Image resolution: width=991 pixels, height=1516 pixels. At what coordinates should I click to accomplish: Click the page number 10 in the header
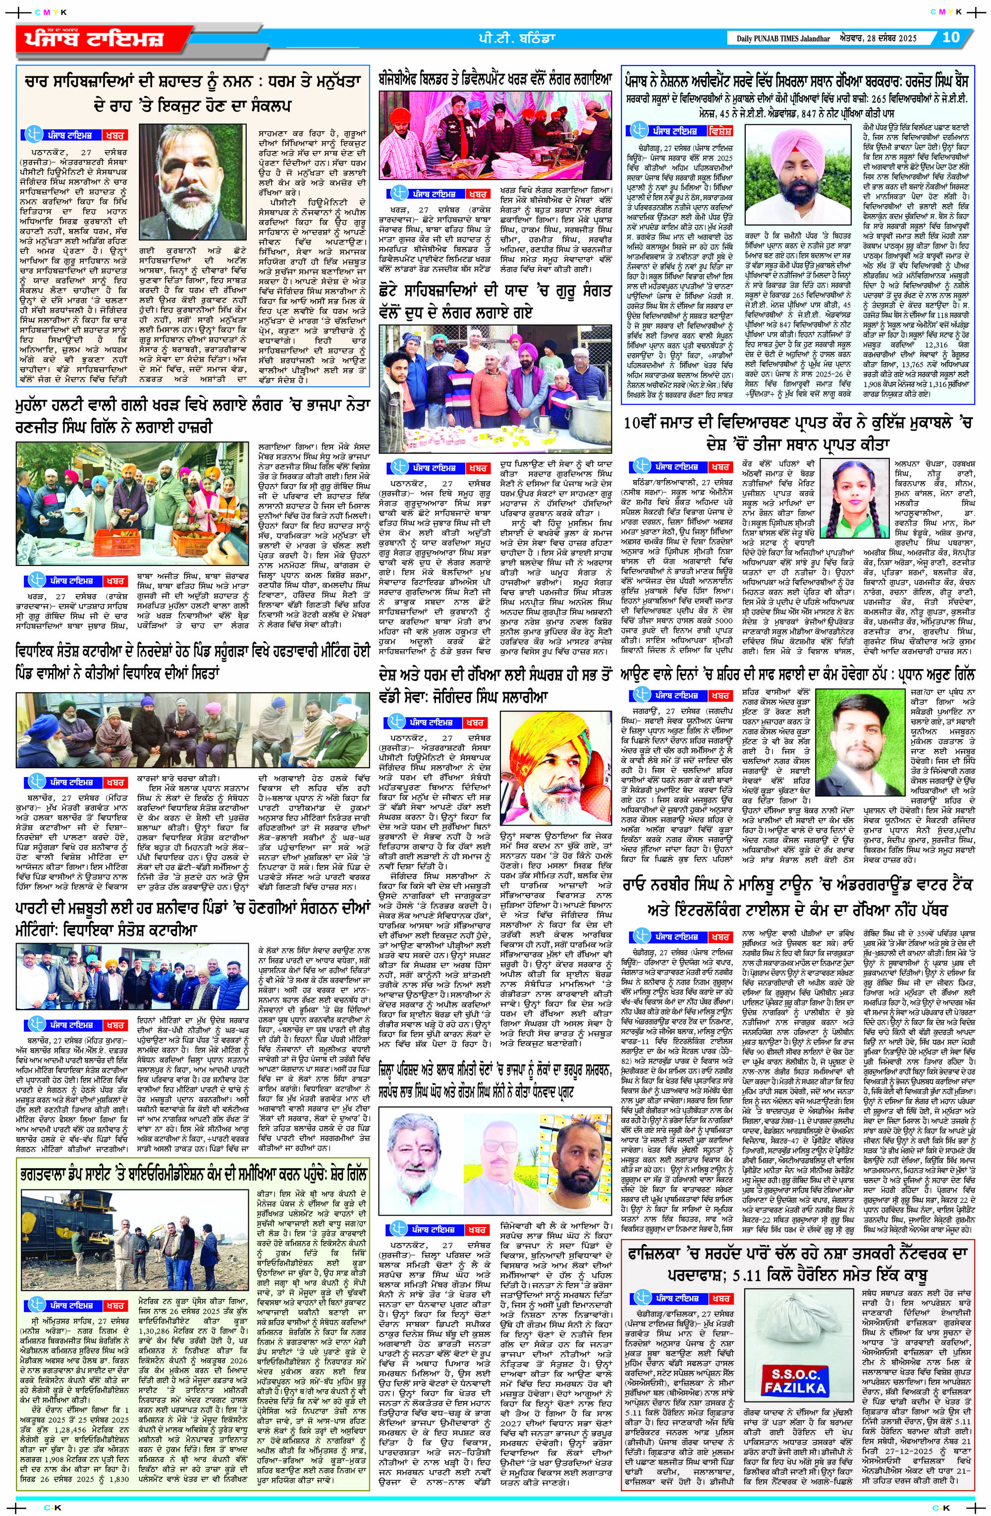[950, 37]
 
